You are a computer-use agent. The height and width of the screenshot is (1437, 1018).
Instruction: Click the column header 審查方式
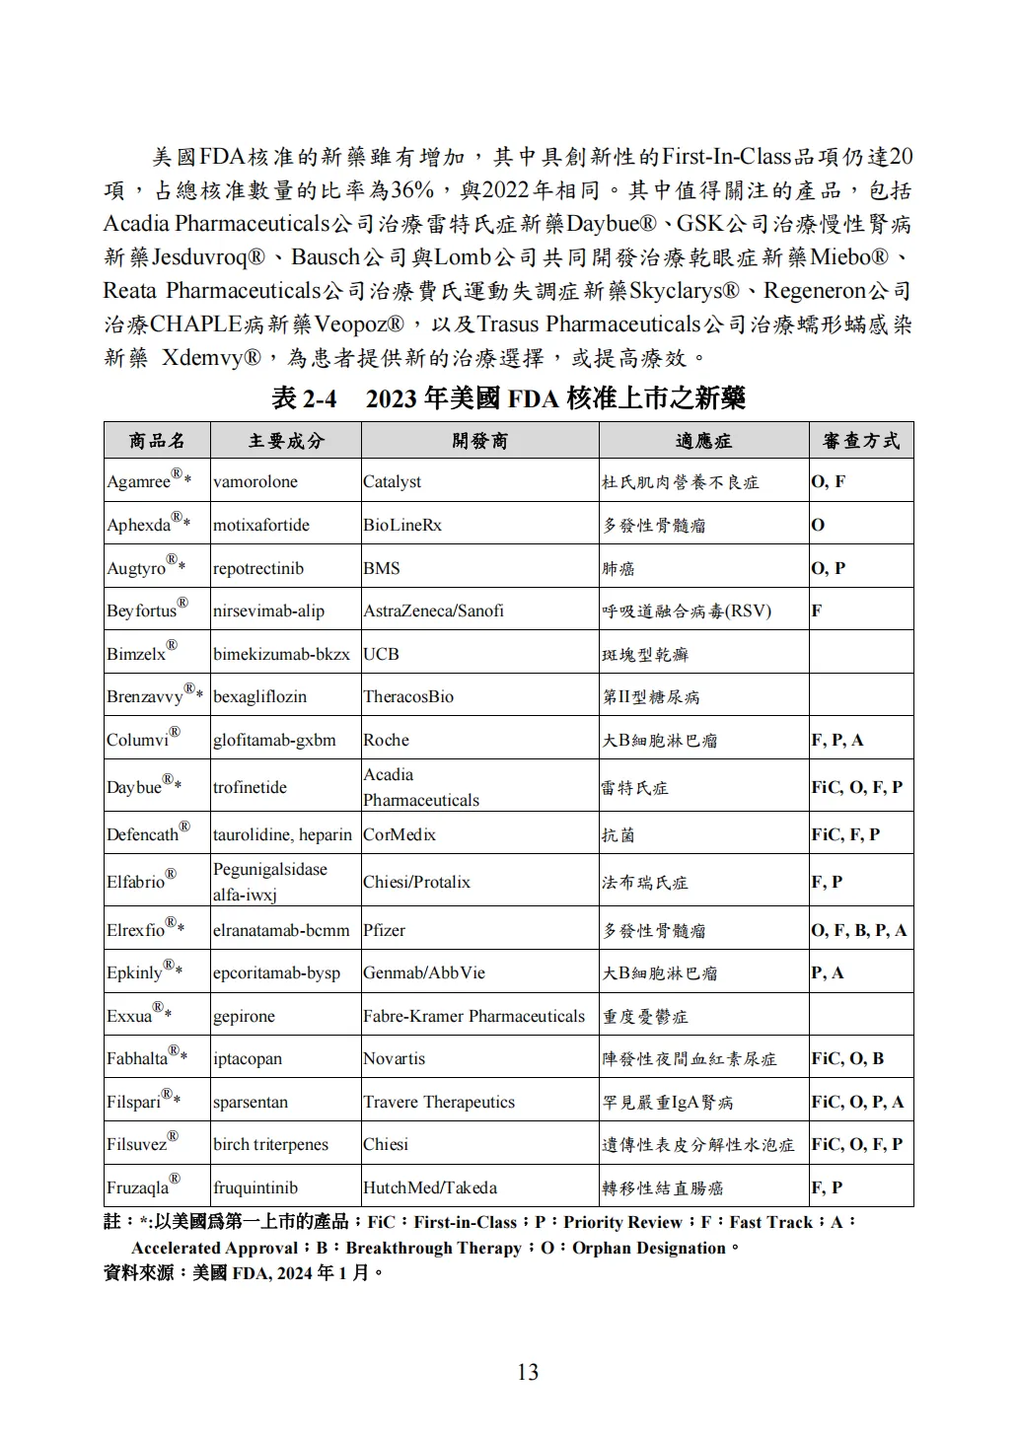click(860, 441)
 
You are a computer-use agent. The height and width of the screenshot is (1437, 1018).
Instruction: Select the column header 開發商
click(479, 441)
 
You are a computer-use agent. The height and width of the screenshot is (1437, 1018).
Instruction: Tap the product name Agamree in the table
click(139, 482)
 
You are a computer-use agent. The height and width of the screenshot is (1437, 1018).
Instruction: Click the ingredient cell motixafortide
click(260, 525)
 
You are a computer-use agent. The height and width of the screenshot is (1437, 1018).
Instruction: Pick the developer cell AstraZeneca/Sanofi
click(433, 611)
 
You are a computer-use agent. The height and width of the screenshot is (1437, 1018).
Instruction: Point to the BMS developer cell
click(380, 568)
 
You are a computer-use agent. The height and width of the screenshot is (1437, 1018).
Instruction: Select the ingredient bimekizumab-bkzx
click(281, 654)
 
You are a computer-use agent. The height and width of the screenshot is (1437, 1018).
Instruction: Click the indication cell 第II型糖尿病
click(651, 697)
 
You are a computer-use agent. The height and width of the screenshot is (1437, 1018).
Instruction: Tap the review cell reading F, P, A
click(836, 740)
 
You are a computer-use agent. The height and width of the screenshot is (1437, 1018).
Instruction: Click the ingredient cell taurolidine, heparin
click(282, 834)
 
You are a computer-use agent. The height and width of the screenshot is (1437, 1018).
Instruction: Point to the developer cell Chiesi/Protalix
click(416, 882)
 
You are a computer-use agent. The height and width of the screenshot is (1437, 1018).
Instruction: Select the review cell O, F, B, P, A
click(858, 930)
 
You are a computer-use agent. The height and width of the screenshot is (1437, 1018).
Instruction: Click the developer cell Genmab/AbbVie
click(424, 972)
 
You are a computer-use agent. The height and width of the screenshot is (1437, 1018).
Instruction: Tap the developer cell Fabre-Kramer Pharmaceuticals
click(473, 1016)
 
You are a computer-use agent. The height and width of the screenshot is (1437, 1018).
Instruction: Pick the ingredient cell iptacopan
click(248, 1058)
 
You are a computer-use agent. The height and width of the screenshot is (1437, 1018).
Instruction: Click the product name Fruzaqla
click(138, 1187)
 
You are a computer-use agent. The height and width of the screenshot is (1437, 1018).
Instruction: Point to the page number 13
click(528, 1372)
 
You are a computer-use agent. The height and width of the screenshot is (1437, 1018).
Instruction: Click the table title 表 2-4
click(304, 398)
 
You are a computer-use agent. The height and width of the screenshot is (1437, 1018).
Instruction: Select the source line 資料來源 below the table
click(243, 1272)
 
